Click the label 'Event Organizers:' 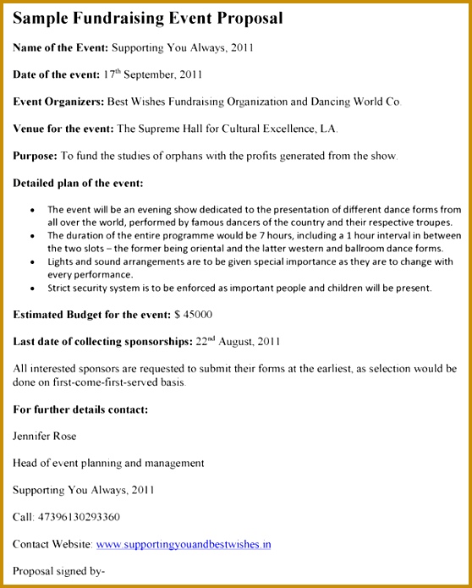pyautogui.click(x=58, y=102)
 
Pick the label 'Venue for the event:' pyautogui.click(x=63, y=129)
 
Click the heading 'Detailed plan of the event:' pyautogui.click(x=79, y=183)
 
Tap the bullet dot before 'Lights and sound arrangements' pyautogui.click(x=32, y=261)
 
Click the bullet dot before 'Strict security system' pyautogui.click(x=32, y=288)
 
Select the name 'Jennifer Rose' pyautogui.click(x=45, y=437)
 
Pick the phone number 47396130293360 pyautogui.click(x=78, y=517)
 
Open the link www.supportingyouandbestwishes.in pyautogui.click(x=184, y=544)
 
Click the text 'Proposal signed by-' pyautogui.click(x=59, y=571)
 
